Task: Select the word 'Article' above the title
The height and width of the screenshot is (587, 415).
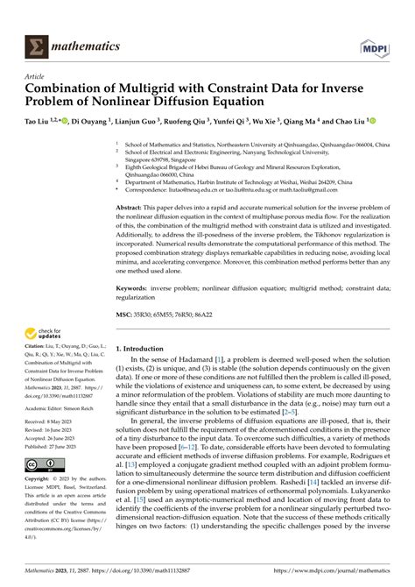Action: [34, 76]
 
